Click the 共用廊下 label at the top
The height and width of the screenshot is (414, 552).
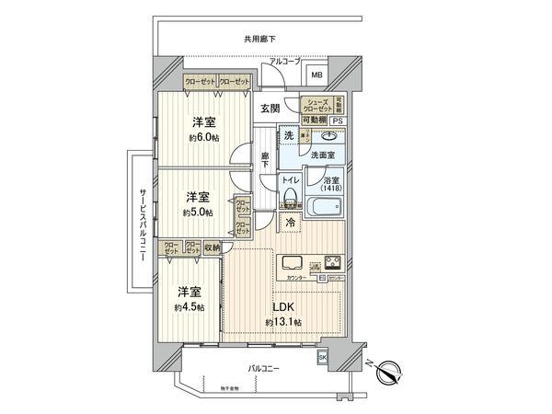[259, 39]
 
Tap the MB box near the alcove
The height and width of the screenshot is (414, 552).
[316, 75]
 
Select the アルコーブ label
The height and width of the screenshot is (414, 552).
[285, 61]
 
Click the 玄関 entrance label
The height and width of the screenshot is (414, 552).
[269, 108]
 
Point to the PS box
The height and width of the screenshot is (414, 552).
[338, 121]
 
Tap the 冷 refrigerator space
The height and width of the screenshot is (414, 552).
[290, 223]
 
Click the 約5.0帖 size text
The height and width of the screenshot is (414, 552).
[197, 212]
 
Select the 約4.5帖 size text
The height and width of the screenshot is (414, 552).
[190, 306]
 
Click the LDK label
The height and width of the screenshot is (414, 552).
[285, 307]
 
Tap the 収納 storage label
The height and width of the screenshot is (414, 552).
[212, 247]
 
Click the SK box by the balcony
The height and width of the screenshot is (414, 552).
[322, 356]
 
